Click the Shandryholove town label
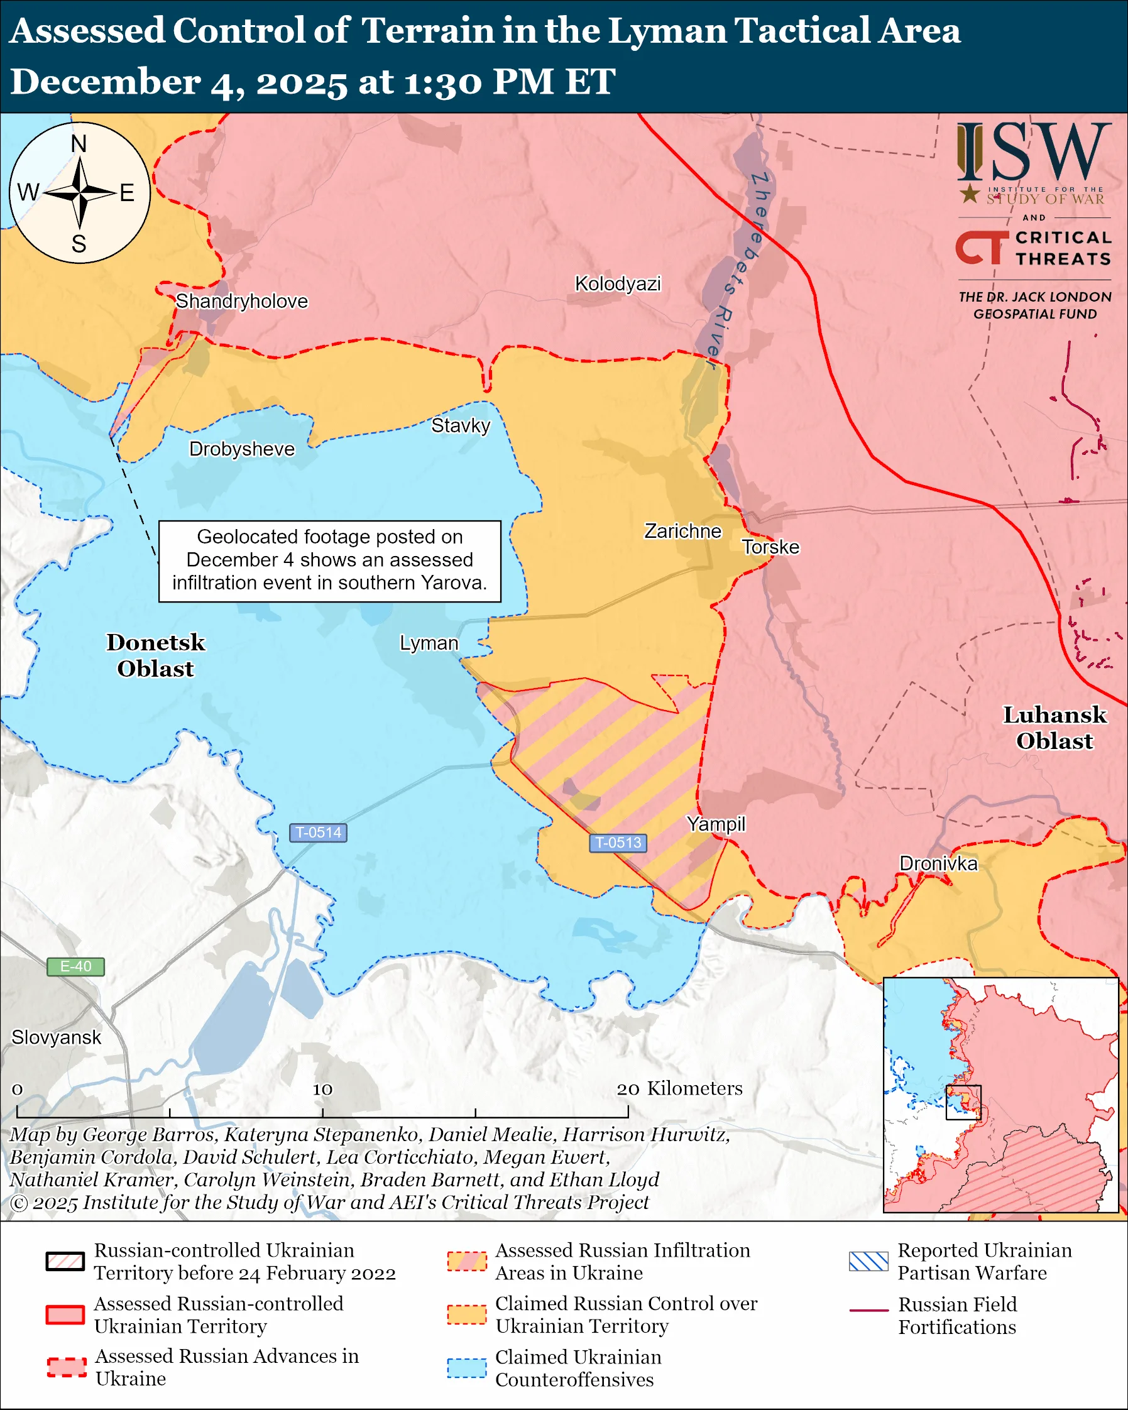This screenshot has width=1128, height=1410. (241, 302)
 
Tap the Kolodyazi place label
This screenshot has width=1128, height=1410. (617, 284)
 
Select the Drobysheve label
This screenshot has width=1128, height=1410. (242, 449)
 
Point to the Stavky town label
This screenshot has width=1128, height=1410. (461, 426)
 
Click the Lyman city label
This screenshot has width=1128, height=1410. (429, 643)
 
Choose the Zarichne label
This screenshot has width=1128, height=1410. (682, 531)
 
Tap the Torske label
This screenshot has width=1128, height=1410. (770, 547)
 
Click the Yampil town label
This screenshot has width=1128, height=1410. (715, 824)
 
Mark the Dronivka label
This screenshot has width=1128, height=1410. (938, 864)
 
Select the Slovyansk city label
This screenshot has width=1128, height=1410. (56, 1038)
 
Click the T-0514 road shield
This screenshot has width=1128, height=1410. (318, 833)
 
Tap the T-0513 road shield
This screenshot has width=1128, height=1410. (618, 843)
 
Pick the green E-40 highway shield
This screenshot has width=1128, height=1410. (75, 966)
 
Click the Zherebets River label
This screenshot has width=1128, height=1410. (739, 268)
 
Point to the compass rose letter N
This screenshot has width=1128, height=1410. (79, 144)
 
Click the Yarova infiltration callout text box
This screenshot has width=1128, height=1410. (329, 560)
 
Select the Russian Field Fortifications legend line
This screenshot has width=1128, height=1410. (868, 1311)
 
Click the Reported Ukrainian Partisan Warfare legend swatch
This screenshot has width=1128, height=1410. (868, 1262)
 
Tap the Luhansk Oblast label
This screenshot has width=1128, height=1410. (1054, 728)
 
